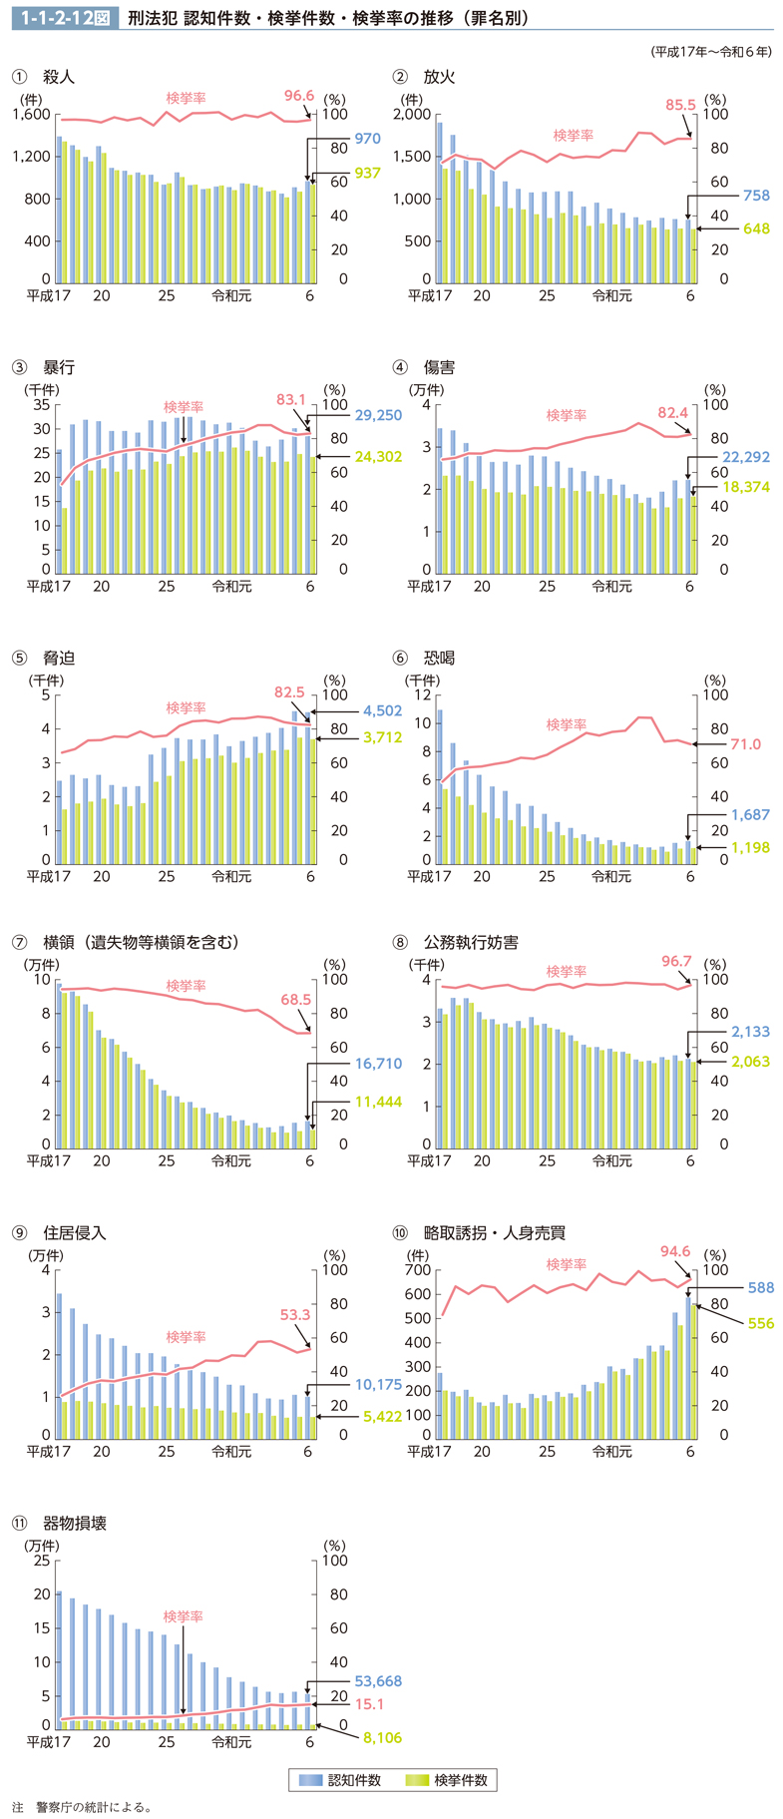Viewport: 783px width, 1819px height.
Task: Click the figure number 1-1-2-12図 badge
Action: tap(64, 18)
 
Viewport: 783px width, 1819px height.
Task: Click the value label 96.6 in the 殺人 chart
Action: tap(298, 96)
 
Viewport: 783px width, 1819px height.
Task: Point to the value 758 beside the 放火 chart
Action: tap(756, 196)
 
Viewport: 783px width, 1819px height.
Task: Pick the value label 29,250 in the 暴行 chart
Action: tap(377, 415)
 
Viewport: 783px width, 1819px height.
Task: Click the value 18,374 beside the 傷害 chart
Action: tap(746, 486)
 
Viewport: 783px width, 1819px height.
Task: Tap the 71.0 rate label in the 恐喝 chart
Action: tap(744, 744)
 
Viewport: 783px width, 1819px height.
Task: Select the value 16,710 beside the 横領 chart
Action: tap(378, 1064)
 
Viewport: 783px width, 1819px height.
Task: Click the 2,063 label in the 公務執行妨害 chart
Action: tap(750, 1062)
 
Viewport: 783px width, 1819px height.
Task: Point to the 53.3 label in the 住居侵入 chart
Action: tap(295, 1314)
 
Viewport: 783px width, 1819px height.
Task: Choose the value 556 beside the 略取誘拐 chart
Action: tap(760, 1323)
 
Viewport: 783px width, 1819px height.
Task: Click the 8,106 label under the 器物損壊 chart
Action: tap(382, 1737)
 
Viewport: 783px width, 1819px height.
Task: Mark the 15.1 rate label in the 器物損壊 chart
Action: tap(369, 1704)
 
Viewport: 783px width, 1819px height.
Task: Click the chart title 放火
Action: tap(439, 77)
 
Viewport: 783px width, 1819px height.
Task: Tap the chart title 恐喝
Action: tap(439, 658)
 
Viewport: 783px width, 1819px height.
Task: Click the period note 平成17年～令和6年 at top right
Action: tap(710, 51)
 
